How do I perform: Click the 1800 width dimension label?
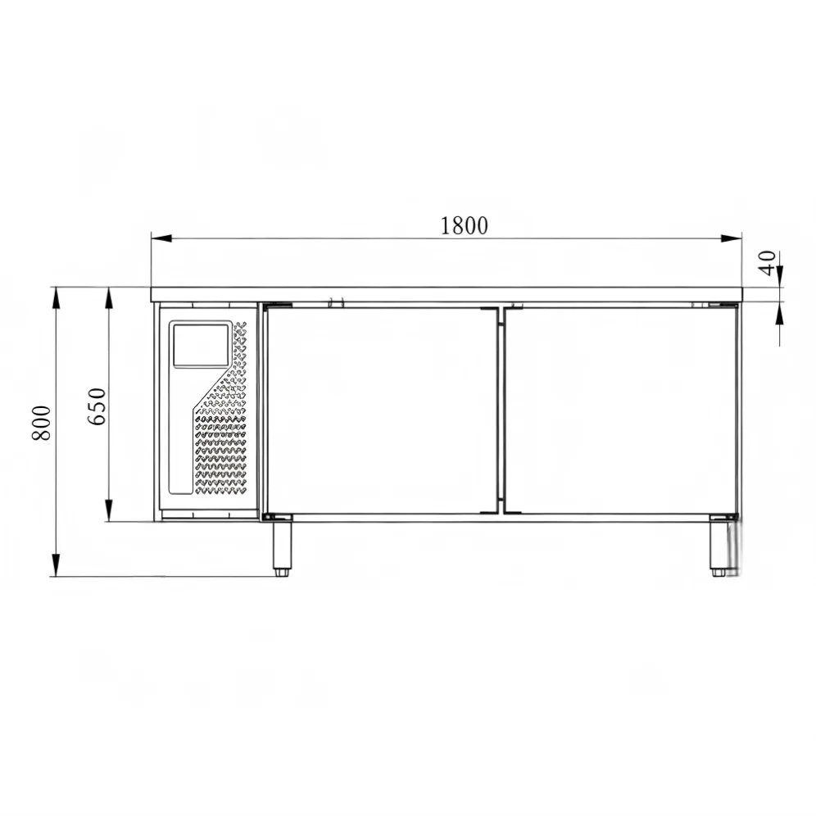click(465, 225)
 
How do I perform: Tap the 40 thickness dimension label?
click(768, 263)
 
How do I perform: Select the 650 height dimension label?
click(97, 406)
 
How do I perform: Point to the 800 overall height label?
click(42, 423)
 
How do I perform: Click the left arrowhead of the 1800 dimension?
click(161, 238)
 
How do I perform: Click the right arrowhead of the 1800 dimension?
click(731, 238)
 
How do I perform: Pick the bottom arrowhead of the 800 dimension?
click(56, 565)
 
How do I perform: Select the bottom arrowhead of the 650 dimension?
click(108, 510)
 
